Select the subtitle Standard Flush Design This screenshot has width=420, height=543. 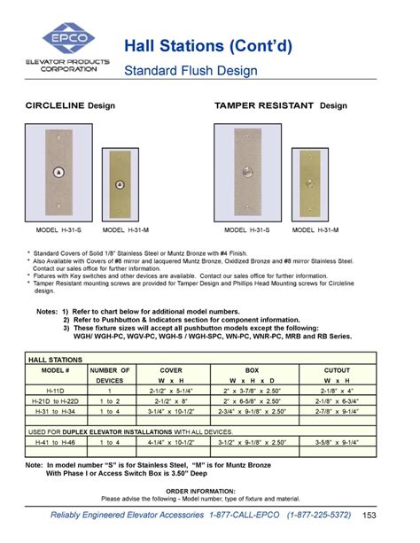tap(190, 70)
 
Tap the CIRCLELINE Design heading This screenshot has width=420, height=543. tap(70, 105)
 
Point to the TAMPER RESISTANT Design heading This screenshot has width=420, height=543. tap(280, 105)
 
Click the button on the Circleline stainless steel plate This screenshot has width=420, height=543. tap(58, 172)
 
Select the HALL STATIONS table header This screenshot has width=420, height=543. tap(55, 361)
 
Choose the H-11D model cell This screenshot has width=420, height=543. tap(55, 391)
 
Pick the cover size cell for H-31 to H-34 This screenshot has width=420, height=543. tap(171, 412)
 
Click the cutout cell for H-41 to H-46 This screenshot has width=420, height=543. tap(336, 441)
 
